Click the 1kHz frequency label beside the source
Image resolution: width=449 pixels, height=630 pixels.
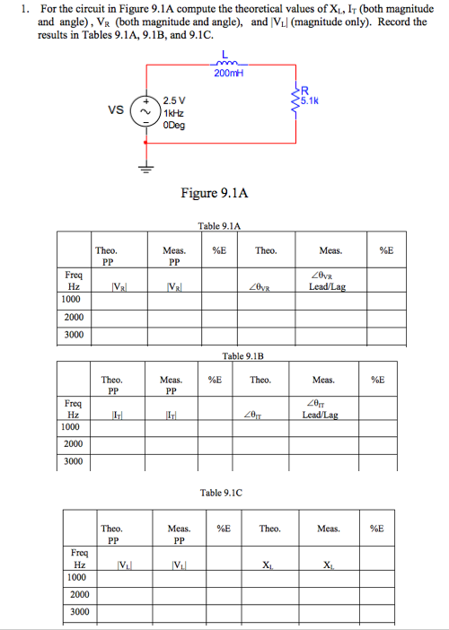tap(174, 112)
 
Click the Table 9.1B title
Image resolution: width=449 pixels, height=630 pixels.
tap(242, 356)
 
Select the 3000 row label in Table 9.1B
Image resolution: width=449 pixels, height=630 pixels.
tap(74, 462)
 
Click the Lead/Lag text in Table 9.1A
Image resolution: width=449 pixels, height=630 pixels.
tap(324, 287)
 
